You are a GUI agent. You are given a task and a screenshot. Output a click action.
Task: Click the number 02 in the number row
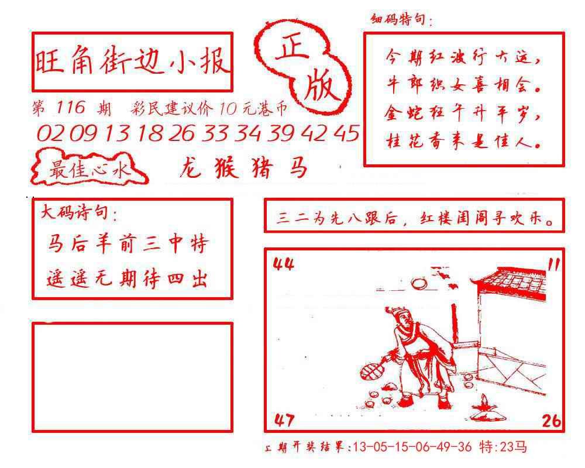(50, 133)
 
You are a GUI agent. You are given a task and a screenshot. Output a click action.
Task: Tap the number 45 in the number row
(346, 133)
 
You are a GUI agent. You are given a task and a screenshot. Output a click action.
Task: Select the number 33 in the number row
(215, 133)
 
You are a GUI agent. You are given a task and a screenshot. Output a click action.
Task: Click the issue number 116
(71, 108)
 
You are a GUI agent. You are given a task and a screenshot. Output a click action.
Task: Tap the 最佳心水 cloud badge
(89, 168)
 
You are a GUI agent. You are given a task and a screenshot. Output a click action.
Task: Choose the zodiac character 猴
(226, 167)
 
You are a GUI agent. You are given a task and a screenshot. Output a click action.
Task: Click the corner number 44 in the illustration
(283, 264)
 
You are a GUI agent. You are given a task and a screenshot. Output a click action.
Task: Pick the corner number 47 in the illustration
(284, 420)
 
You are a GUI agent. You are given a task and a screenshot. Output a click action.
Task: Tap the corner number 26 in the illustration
(552, 421)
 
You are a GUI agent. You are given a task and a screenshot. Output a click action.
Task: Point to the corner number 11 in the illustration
(553, 264)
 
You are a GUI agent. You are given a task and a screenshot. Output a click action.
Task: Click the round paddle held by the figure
(371, 370)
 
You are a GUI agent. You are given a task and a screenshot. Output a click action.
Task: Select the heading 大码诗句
(74, 213)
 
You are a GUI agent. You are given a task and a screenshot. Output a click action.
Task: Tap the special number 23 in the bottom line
(507, 446)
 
